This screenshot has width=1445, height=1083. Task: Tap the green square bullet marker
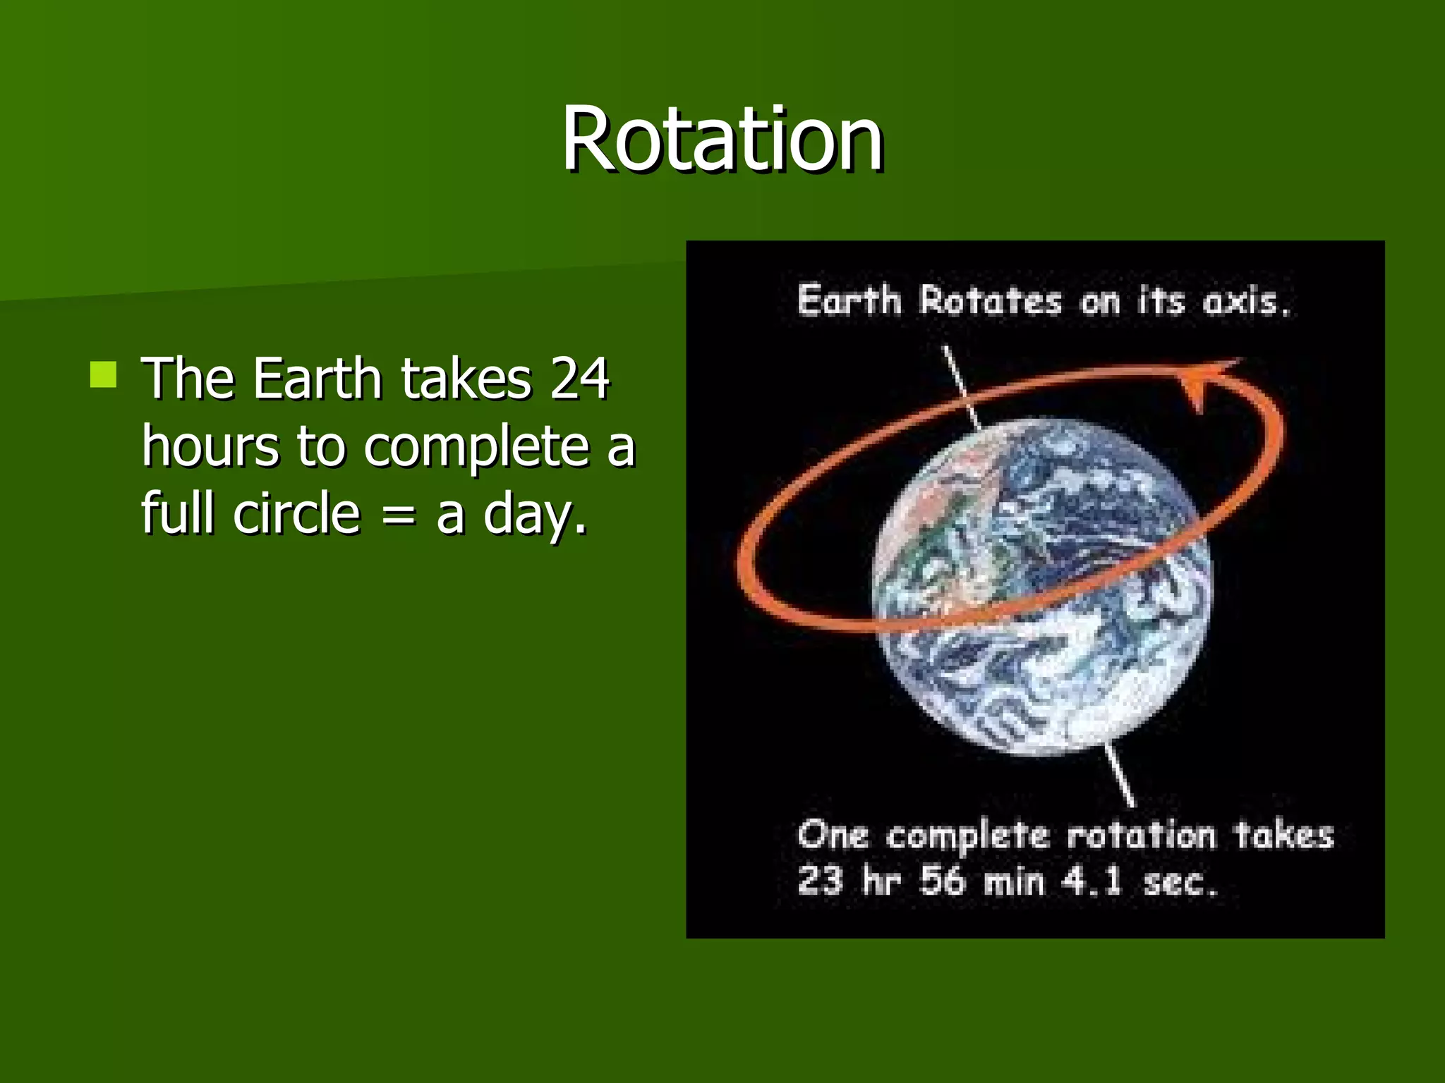point(103,374)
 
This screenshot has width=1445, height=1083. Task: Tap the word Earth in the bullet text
point(318,379)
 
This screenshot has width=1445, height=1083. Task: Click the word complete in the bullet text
point(477,448)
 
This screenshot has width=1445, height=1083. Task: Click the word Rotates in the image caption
point(990,301)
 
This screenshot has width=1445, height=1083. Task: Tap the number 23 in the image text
point(820,881)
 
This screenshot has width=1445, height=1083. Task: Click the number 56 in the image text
point(941,881)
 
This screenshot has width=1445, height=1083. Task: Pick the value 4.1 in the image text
point(1092,881)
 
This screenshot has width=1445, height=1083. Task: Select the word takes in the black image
point(1283,836)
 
